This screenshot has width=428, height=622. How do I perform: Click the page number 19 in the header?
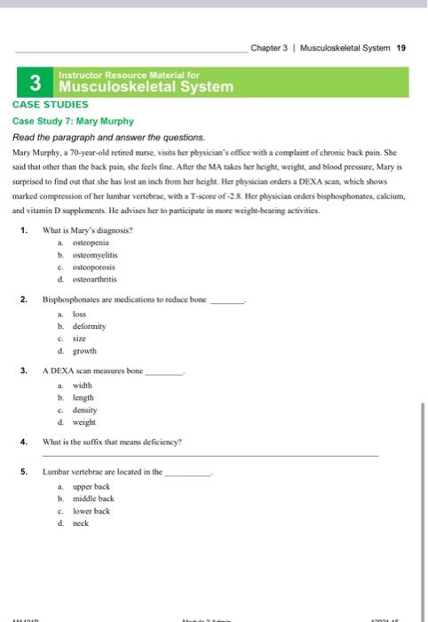click(401, 48)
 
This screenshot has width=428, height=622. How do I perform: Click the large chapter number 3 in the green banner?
click(36, 84)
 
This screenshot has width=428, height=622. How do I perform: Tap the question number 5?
click(23, 472)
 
